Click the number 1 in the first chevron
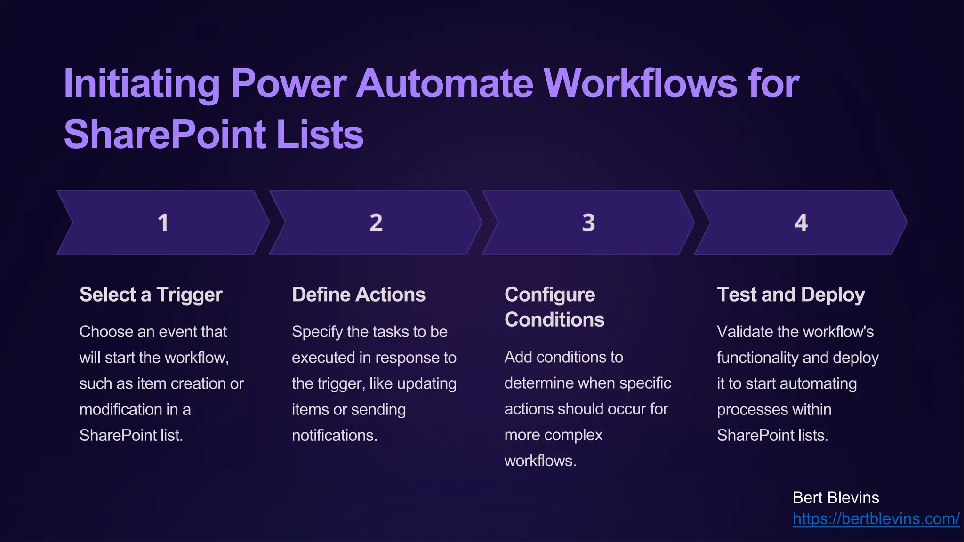click(x=163, y=223)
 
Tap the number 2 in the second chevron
click(x=376, y=223)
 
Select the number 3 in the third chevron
click(x=588, y=223)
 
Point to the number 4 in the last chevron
click(x=801, y=223)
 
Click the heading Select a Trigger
click(x=151, y=295)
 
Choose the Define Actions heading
click(x=359, y=295)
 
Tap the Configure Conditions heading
click(x=554, y=307)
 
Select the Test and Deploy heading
click(x=791, y=295)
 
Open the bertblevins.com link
click(x=876, y=518)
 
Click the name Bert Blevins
click(x=835, y=498)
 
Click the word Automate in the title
click(x=445, y=84)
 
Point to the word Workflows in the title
click(x=641, y=84)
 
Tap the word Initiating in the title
click(x=142, y=84)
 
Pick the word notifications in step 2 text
click(x=334, y=435)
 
